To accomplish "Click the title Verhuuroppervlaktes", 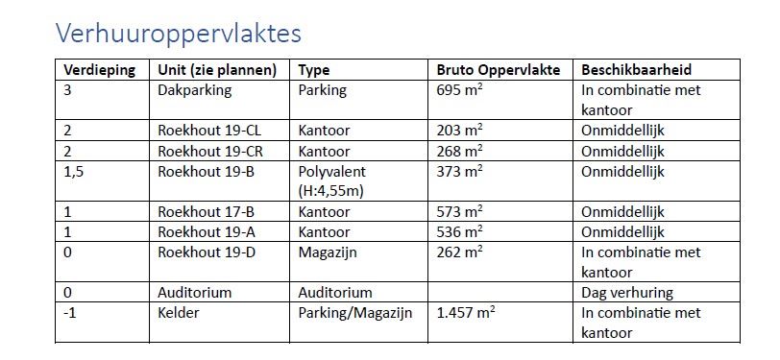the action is pyautogui.click(x=179, y=34).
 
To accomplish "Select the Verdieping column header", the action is pyautogui.click(x=99, y=70).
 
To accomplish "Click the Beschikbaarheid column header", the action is pyautogui.click(x=636, y=70).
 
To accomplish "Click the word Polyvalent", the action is pyautogui.click(x=333, y=171).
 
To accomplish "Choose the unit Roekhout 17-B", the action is pyautogui.click(x=206, y=211).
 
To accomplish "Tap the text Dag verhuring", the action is pyautogui.click(x=627, y=292).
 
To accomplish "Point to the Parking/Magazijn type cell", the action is pyautogui.click(x=357, y=313).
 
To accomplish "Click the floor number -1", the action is pyautogui.click(x=70, y=313).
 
